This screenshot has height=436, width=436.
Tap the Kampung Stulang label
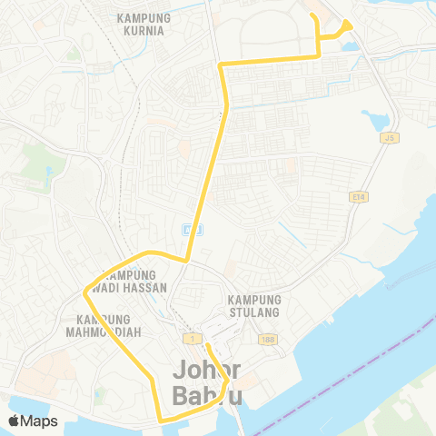click(254, 307)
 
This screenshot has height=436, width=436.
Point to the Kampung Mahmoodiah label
click(104, 325)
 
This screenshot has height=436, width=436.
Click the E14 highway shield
click(358, 195)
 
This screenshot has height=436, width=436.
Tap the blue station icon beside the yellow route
click(186, 228)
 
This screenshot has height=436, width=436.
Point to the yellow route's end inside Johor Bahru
click(206, 345)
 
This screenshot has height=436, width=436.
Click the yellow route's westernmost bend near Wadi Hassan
click(84, 292)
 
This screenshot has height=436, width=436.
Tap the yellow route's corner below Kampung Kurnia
click(221, 64)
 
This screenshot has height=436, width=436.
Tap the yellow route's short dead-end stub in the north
click(312, 16)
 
